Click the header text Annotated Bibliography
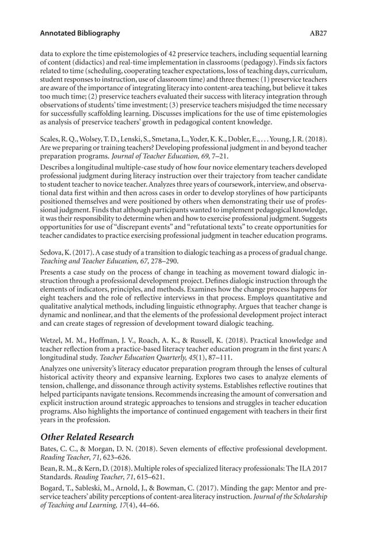(x=80, y=33)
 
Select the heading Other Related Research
(x=87, y=437)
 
